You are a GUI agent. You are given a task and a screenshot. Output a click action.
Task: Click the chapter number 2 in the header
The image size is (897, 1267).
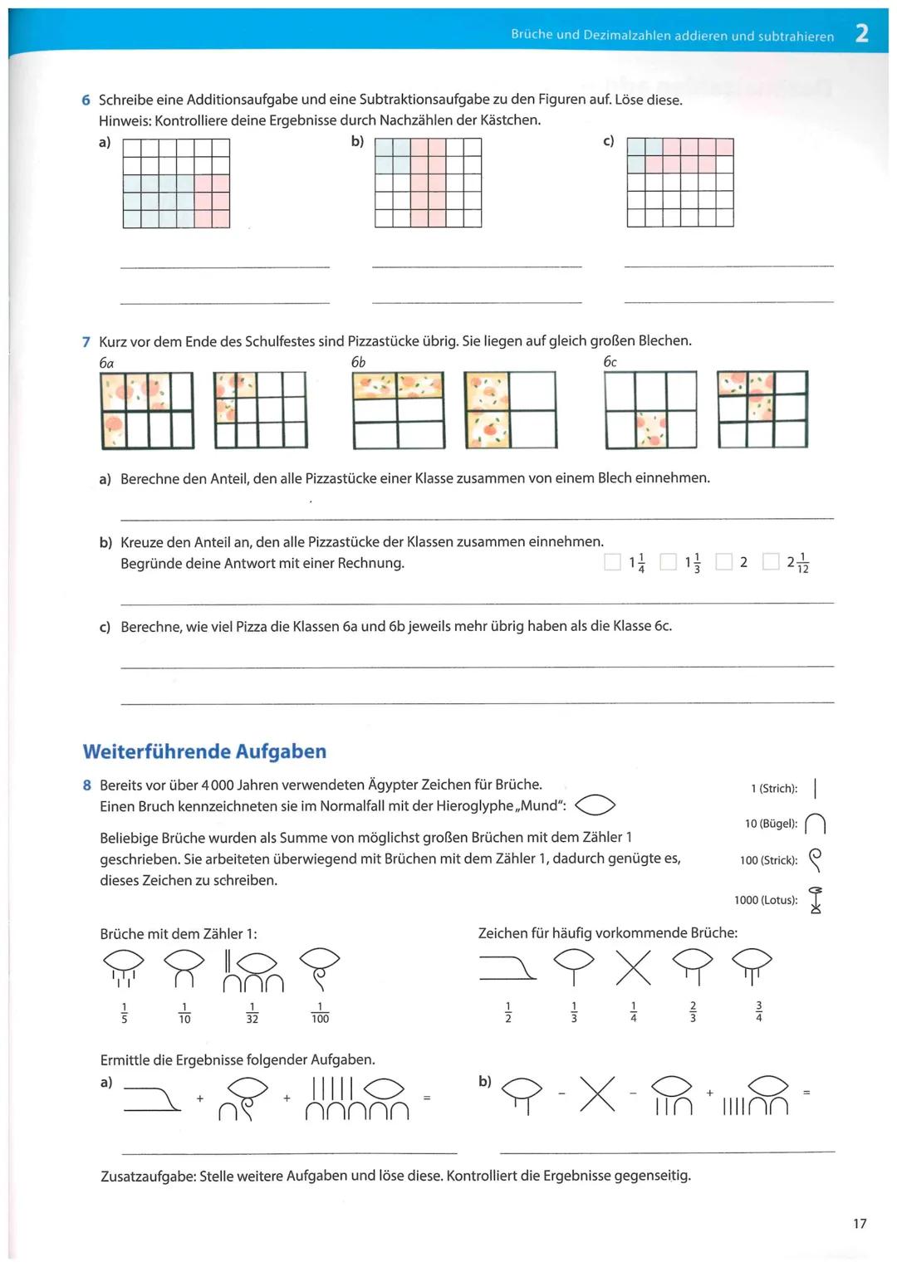tap(861, 34)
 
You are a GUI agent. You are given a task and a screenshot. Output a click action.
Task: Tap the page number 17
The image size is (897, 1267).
tap(860, 1223)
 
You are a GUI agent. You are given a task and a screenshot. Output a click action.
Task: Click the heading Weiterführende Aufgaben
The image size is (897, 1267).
tap(204, 751)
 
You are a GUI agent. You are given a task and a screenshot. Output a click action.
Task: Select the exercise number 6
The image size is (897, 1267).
tap(86, 100)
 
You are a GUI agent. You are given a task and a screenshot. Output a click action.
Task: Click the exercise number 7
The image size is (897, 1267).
tap(86, 341)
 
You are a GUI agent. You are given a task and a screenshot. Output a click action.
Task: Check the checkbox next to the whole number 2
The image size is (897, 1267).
tap(724, 562)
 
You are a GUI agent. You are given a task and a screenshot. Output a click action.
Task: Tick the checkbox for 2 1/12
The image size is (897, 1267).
tap(772, 562)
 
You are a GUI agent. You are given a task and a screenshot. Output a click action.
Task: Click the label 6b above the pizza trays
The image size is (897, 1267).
tap(358, 362)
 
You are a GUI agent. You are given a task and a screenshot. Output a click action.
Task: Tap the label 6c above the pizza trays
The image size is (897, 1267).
tap(610, 362)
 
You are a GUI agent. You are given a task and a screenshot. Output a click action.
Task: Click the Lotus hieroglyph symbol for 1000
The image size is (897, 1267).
tap(816, 900)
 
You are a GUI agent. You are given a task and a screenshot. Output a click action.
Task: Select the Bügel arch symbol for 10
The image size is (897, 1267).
tap(816, 824)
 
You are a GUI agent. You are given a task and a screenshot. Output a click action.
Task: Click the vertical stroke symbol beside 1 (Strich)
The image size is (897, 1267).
tap(816, 788)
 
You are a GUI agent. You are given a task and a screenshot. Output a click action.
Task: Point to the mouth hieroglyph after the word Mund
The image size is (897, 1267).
tap(596, 805)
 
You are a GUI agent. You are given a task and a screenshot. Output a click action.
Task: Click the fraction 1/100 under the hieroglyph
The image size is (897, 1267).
tap(320, 1013)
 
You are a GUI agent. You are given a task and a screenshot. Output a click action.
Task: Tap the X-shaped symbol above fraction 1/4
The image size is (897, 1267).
tap(633, 967)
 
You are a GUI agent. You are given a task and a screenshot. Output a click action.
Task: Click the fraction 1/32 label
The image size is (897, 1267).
tap(252, 1013)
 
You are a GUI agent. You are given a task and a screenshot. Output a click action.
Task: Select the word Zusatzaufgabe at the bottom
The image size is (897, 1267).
tap(148, 1176)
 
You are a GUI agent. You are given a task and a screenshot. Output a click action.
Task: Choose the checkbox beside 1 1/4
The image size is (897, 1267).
tap(613, 562)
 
